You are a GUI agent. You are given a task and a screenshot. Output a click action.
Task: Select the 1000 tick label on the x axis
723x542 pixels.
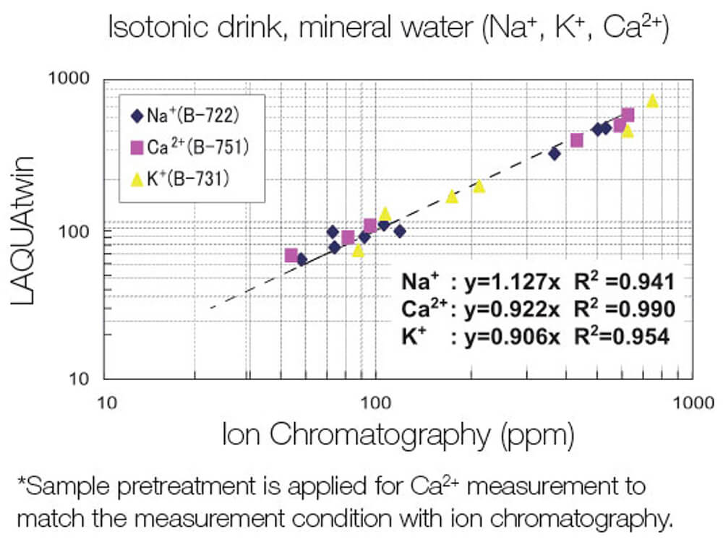click(691, 400)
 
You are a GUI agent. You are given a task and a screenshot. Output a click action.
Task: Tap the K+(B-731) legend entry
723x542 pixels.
click(181, 178)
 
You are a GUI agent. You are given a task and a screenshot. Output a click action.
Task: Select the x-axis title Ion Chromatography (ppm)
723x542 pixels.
click(398, 434)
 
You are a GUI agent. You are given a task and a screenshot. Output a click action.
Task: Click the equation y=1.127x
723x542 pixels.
click(506, 283)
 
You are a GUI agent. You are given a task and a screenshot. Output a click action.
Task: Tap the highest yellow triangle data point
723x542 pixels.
click(652, 100)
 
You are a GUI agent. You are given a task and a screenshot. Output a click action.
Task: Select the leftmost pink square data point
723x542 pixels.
click(291, 255)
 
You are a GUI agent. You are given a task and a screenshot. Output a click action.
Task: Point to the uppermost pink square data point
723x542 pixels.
click(628, 115)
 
